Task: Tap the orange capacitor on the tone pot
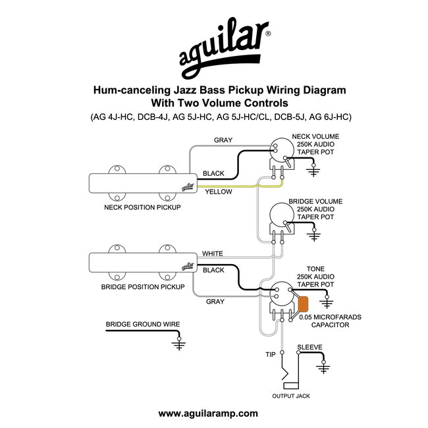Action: (x=304, y=304)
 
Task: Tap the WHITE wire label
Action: (x=213, y=253)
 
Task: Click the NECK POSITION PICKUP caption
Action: (x=143, y=207)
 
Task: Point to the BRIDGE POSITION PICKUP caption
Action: (x=143, y=287)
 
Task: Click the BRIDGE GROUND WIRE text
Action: (x=143, y=324)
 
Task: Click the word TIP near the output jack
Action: (x=270, y=354)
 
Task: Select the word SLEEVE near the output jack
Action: (x=309, y=346)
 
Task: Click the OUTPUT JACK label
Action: (x=291, y=396)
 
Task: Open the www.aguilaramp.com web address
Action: (x=209, y=414)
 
